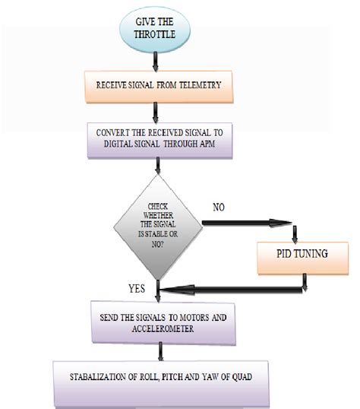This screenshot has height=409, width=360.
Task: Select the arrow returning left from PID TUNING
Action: coord(228,287)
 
